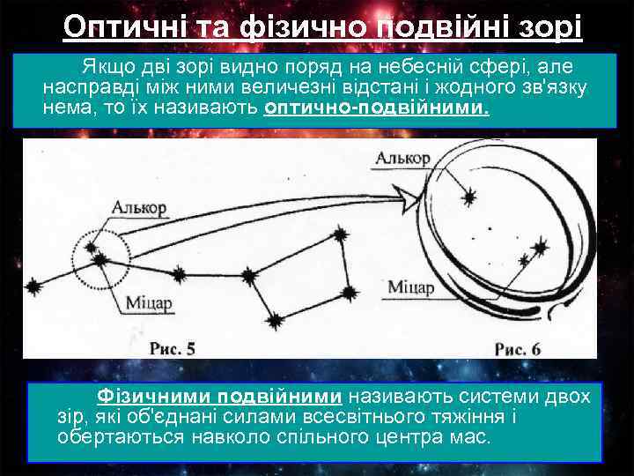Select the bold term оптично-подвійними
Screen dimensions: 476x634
point(376,108)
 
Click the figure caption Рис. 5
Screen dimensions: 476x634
point(173,348)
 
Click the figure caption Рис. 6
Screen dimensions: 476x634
point(517,348)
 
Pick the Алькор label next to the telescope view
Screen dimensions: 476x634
point(402,159)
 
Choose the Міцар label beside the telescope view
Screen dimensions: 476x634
point(410,287)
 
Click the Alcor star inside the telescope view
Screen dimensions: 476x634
point(469,197)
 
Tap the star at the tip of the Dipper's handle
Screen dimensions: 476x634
point(34,286)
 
